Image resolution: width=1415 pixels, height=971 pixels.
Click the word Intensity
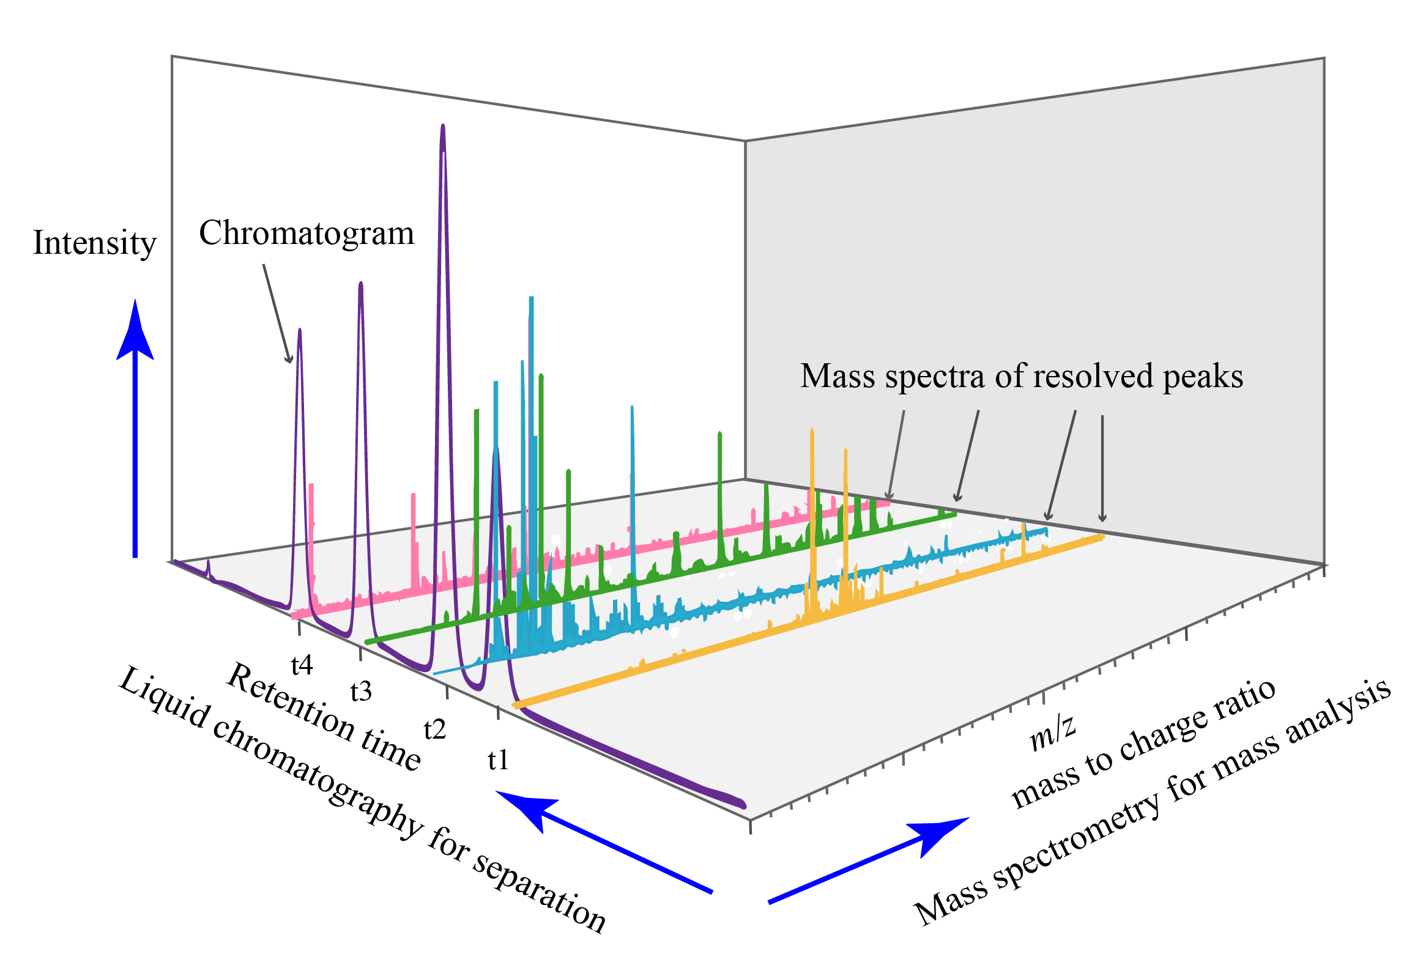pos(94,243)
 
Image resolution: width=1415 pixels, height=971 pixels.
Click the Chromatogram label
pos(306,234)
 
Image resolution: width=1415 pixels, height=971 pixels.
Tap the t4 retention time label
pos(302,665)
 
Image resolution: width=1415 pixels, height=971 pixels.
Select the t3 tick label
pos(361,692)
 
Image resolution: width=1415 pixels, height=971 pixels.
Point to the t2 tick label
pos(435,729)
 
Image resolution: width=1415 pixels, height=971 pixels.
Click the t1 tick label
pos(498,760)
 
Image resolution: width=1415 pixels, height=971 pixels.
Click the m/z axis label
pos(1052,731)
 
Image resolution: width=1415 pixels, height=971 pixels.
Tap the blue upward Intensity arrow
pos(135,428)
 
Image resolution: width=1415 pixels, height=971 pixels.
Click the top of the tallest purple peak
pos(442,127)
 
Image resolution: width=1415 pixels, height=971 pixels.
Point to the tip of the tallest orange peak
pos(812,430)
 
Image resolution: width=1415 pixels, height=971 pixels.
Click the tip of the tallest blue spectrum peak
pos(531,298)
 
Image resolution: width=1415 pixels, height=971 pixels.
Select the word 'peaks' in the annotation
pos(1203,377)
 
